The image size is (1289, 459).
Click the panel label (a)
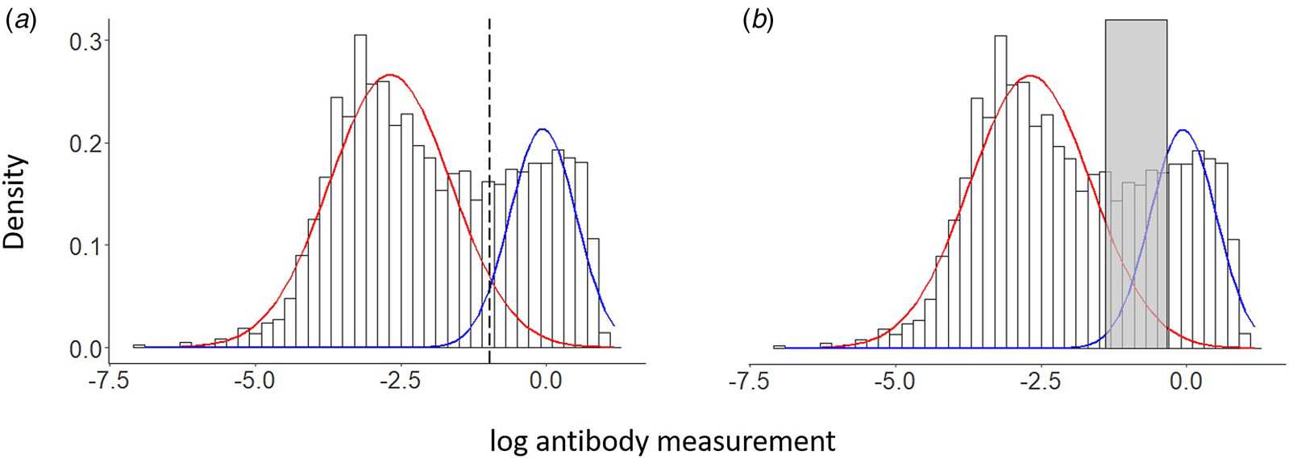click(x=22, y=22)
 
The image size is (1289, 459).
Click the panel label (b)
click(x=758, y=22)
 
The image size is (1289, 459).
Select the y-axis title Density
click(x=15, y=202)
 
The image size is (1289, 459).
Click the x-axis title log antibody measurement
click(x=662, y=441)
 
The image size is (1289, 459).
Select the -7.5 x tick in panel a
click(x=109, y=380)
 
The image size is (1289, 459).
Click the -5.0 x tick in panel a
click(x=255, y=380)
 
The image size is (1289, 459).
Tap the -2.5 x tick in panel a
click(x=400, y=380)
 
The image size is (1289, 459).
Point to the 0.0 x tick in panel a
click(x=546, y=380)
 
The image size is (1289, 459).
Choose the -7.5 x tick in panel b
click(x=749, y=380)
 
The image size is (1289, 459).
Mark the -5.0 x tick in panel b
click(x=895, y=380)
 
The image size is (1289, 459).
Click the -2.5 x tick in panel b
click(x=1040, y=380)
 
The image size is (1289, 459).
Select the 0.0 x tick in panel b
click(x=1186, y=380)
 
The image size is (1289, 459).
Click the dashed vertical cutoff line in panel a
click(x=489, y=97)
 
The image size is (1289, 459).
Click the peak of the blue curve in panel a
click(x=543, y=129)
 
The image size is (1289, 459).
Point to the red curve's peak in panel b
click(x=1029, y=76)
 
